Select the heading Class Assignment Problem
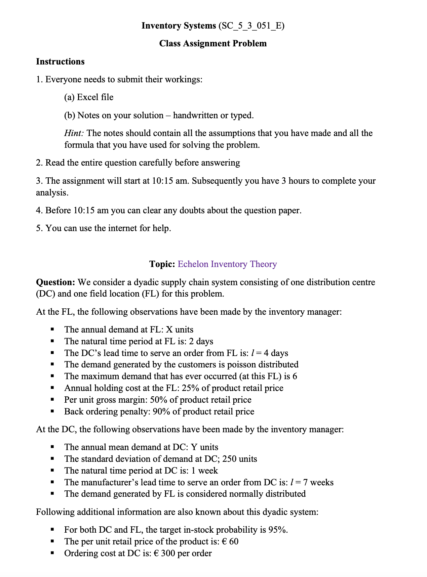[x=213, y=44]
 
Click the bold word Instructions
[x=60, y=61]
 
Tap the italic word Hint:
[x=74, y=133]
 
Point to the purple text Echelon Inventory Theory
[x=227, y=264]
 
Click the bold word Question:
[x=55, y=282]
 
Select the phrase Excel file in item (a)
[x=95, y=97]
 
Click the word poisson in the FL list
[x=241, y=365]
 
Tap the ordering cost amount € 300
[x=164, y=553]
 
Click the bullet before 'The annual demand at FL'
[x=52, y=330]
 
